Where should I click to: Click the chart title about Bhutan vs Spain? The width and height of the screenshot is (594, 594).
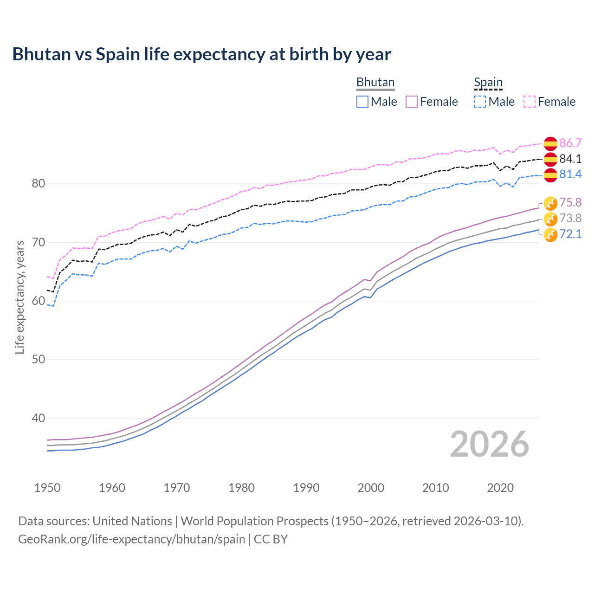[201, 54]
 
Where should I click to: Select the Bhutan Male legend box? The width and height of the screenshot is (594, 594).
[362, 102]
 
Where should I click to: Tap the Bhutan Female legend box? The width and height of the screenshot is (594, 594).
[412, 102]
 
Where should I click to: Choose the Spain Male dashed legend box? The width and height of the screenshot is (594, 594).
[480, 102]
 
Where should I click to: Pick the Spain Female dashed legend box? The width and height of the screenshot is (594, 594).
[529, 102]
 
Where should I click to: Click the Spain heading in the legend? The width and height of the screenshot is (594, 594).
[488, 83]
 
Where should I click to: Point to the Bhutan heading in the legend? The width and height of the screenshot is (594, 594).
[375, 83]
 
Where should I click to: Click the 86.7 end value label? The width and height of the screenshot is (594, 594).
[570, 143]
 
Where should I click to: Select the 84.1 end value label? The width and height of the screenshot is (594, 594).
[570, 159]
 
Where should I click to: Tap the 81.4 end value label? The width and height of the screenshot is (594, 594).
[570, 174]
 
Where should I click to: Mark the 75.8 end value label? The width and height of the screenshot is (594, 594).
[570, 202]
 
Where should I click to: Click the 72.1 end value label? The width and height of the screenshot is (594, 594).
[570, 234]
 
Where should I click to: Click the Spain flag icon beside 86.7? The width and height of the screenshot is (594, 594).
[550, 144]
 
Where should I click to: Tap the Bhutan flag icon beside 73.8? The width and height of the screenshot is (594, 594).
[550, 219]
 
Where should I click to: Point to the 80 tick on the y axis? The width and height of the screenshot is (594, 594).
[39, 184]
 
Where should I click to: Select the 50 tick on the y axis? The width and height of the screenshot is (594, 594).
[39, 360]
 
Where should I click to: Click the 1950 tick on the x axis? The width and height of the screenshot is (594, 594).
[47, 488]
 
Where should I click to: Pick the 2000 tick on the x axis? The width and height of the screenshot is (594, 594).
[371, 488]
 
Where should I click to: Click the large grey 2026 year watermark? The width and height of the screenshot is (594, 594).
[489, 444]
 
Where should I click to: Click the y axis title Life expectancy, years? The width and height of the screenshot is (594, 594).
[19, 297]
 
